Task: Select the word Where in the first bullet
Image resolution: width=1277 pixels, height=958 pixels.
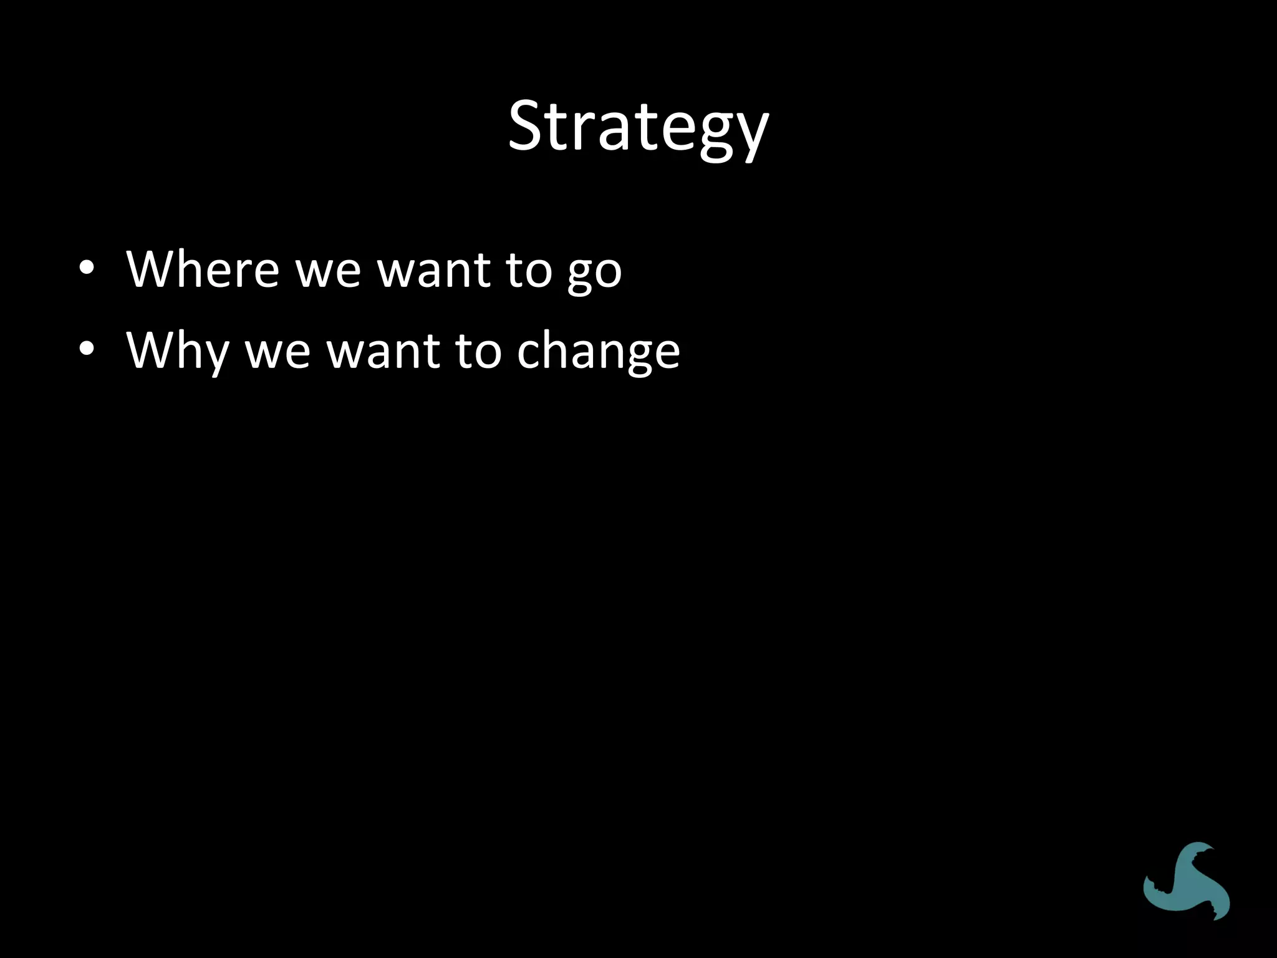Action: pyautogui.click(x=202, y=269)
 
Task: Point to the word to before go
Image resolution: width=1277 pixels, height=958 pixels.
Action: pyautogui.click(x=528, y=271)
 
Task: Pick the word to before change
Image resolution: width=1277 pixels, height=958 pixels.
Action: pyautogui.click(x=478, y=351)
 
